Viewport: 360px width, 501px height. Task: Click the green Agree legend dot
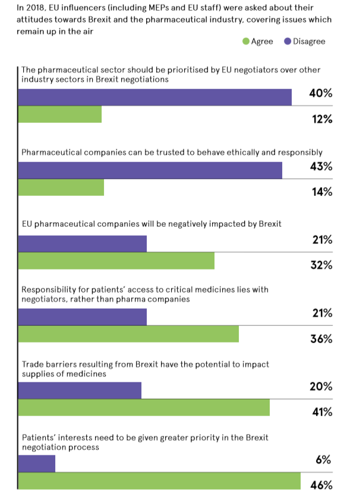tap(246, 42)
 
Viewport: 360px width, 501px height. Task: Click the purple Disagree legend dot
tap(288, 42)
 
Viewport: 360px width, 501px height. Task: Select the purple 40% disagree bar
tap(155, 97)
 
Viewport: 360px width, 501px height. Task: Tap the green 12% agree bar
tap(60, 115)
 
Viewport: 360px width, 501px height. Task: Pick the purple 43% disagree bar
tap(150, 170)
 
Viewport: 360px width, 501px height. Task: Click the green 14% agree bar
tap(61, 187)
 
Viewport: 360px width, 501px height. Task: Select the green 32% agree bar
tap(116, 261)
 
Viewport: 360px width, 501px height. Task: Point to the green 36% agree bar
tap(128, 334)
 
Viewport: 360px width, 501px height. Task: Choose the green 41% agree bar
tap(144, 408)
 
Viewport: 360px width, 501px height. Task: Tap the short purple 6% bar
tap(37, 464)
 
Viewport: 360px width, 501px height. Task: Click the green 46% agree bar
tap(159, 481)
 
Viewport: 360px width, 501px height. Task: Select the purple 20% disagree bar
tap(80, 390)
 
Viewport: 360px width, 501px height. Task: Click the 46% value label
tap(321, 486)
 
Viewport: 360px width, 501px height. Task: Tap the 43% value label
tap(321, 167)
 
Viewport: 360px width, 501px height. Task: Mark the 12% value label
tap(322, 119)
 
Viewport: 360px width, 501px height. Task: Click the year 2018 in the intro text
tap(30, 8)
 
